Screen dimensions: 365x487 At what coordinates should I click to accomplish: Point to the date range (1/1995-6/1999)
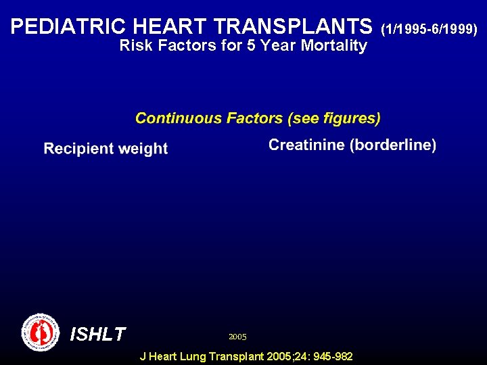point(430,28)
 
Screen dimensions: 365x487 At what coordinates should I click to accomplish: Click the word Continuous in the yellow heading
point(179,118)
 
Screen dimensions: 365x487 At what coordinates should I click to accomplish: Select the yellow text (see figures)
point(334,118)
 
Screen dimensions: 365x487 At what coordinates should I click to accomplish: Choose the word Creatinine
point(306,145)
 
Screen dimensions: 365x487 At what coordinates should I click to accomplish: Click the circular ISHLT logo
point(41,332)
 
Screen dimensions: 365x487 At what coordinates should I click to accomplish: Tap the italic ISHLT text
point(97,334)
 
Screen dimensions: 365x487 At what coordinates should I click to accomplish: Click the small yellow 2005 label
point(237,336)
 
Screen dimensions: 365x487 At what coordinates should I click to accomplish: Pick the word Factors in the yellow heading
point(254,118)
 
